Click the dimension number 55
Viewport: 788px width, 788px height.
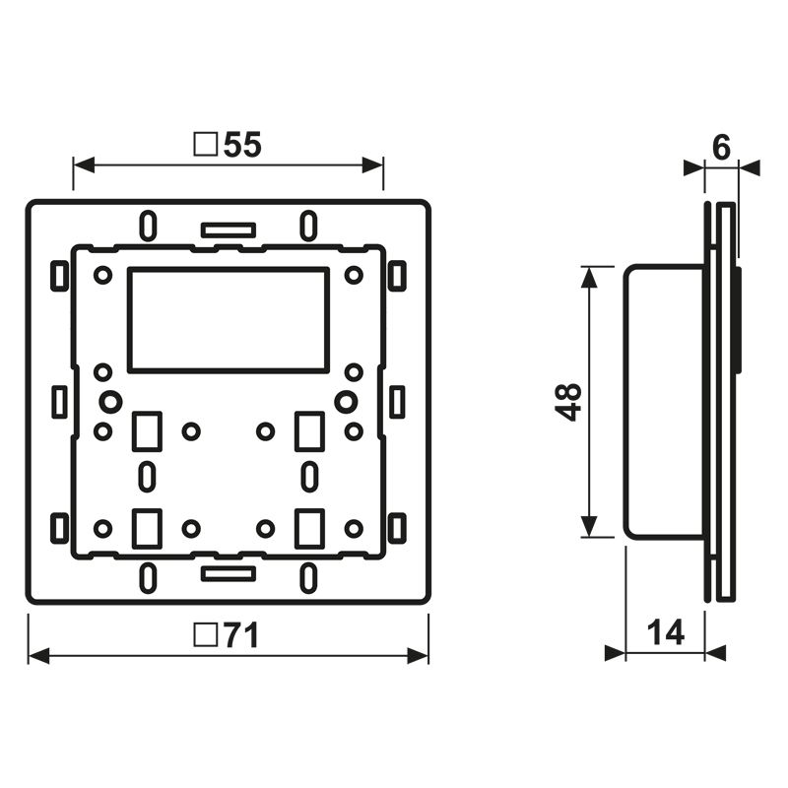(x=242, y=145)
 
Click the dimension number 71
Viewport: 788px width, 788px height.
(x=238, y=636)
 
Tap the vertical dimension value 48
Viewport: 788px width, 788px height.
(x=569, y=402)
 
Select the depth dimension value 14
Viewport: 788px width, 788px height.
(x=666, y=632)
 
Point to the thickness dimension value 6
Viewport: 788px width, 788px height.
(x=721, y=148)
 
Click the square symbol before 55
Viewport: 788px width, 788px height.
(x=206, y=145)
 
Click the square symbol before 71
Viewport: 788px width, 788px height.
(x=206, y=636)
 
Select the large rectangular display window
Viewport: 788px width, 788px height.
(x=228, y=319)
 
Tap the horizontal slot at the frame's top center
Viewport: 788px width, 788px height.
(x=228, y=230)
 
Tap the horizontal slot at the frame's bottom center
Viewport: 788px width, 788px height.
(x=228, y=572)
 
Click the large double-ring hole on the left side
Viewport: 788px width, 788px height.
(x=109, y=402)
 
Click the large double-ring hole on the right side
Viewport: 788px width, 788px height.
(x=346, y=402)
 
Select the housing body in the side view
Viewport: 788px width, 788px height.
(x=664, y=402)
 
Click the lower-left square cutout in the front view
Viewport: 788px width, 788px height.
(x=146, y=527)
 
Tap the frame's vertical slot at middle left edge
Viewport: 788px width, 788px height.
(x=59, y=402)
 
